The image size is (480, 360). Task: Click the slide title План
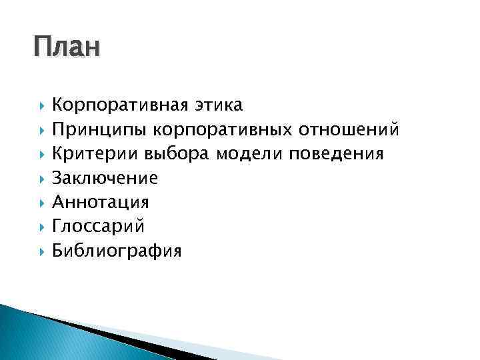point(66,49)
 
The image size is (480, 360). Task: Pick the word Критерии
point(97,154)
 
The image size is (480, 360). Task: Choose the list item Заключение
point(105,178)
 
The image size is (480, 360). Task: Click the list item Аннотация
point(101,202)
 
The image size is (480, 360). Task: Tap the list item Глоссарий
point(98,226)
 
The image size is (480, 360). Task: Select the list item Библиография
point(117,251)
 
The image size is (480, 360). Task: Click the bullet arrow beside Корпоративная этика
point(41,106)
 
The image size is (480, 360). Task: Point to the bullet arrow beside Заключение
point(41,179)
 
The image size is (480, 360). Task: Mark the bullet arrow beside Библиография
point(41,251)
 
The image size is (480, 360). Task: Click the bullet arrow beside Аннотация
point(41,203)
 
